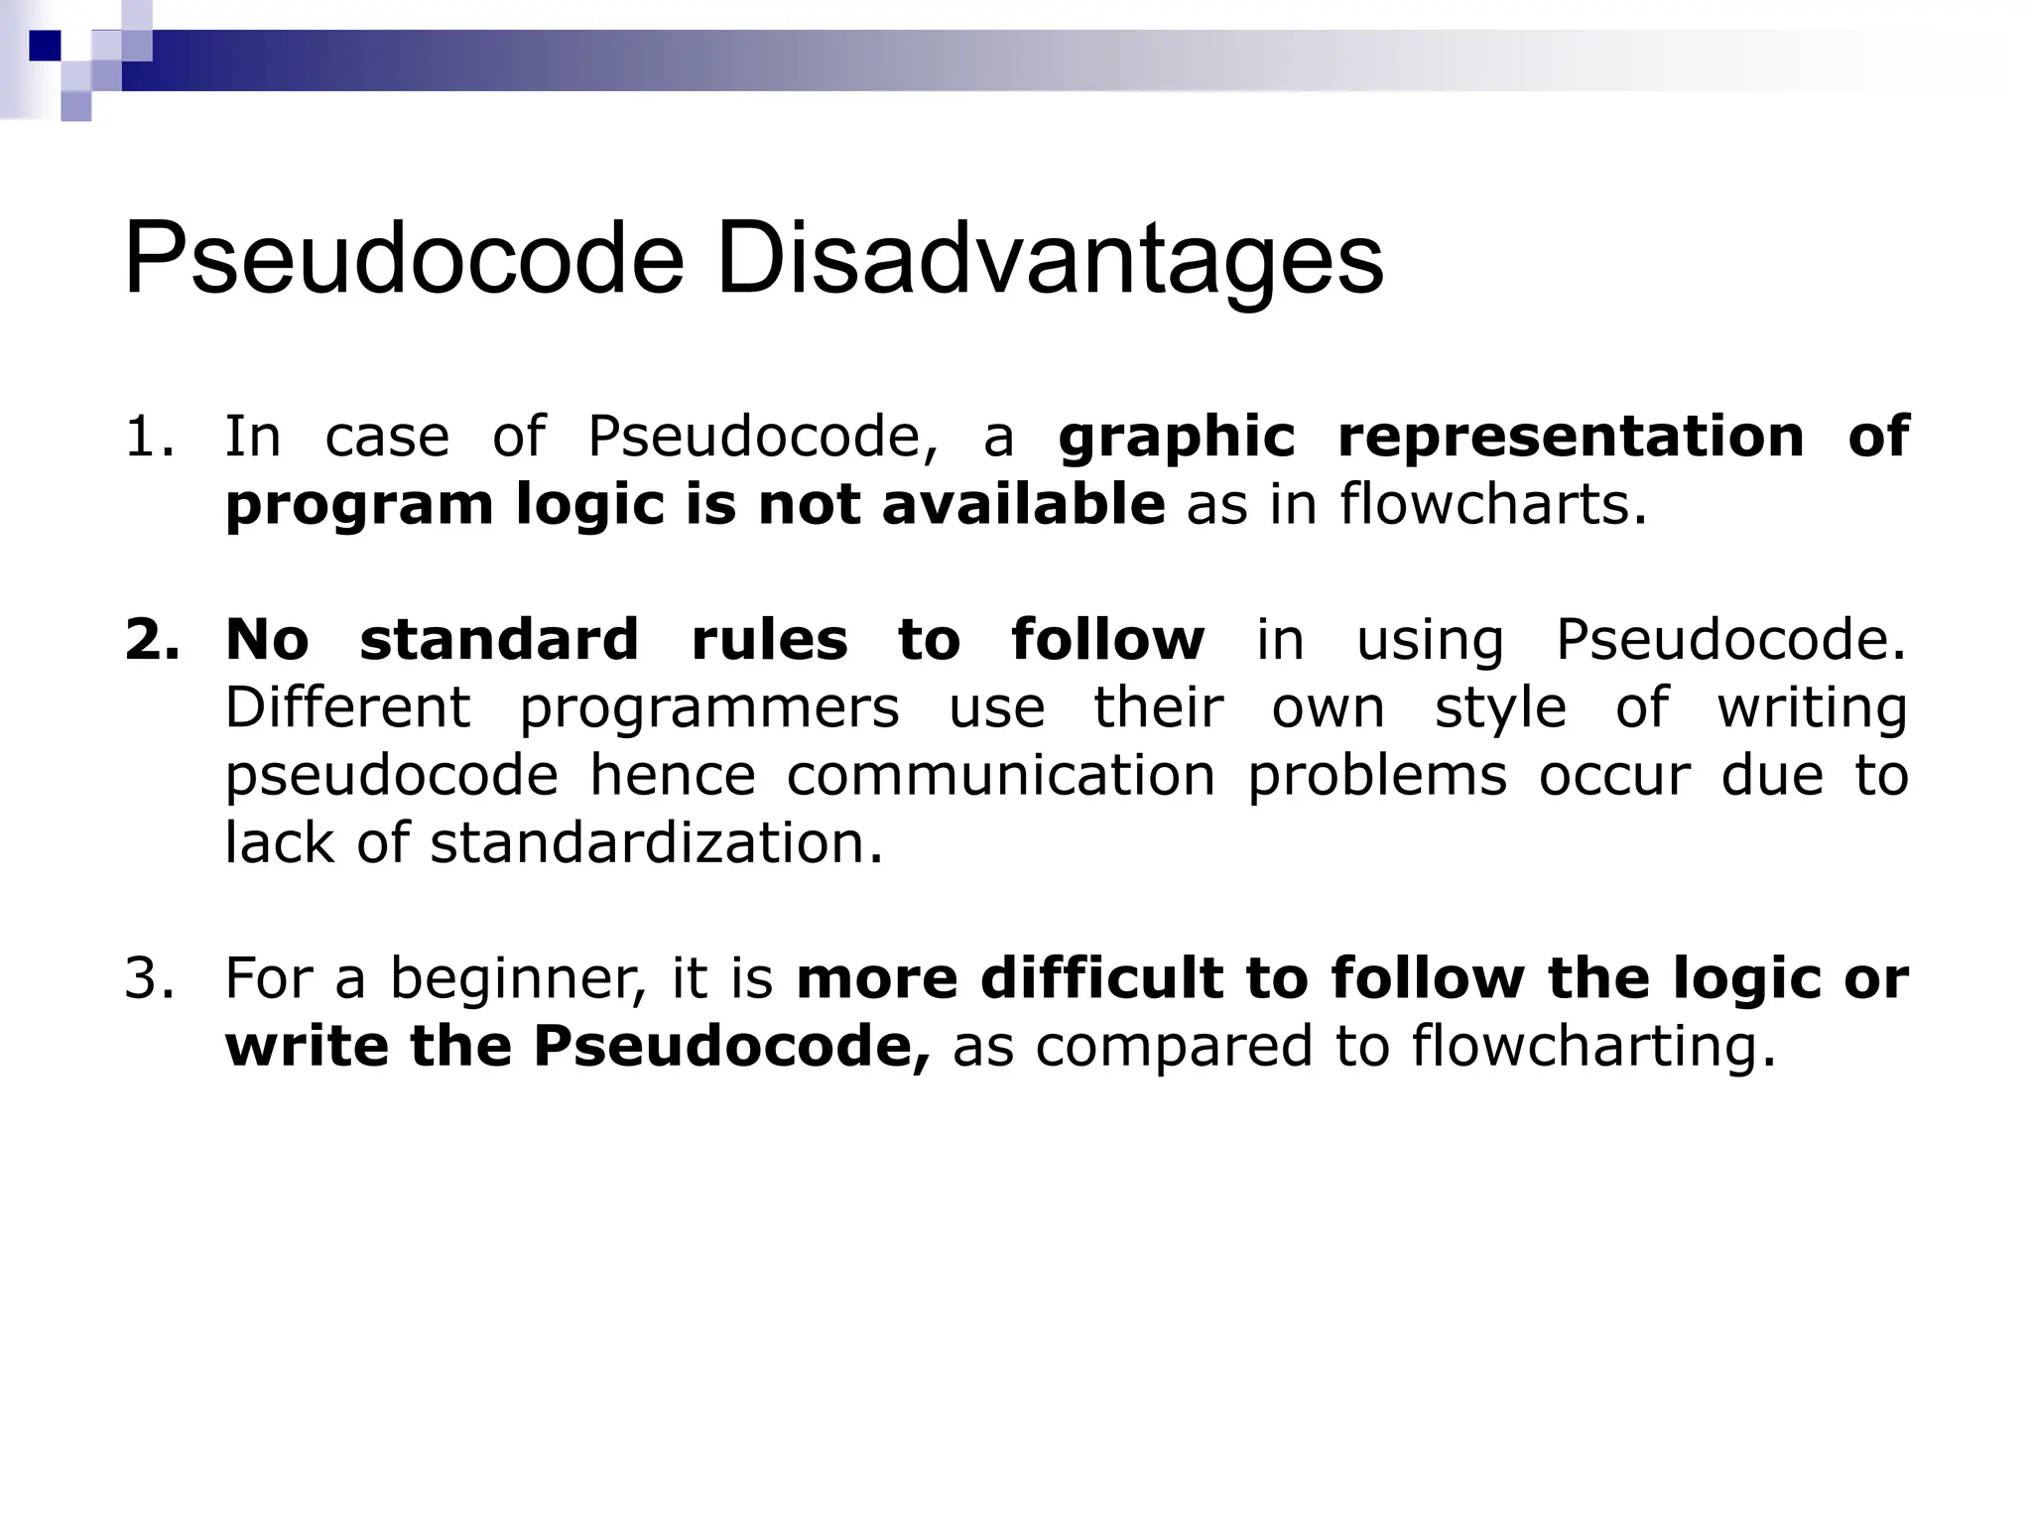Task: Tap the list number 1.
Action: [149, 438]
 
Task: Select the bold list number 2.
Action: [152, 640]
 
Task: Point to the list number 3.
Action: [149, 978]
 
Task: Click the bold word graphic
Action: [1176, 438]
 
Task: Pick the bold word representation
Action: [1571, 438]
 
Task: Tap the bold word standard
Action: [499, 640]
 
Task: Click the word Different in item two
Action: [347, 708]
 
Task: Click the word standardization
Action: [655, 843]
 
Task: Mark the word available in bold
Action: [1022, 505]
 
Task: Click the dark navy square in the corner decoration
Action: [45, 46]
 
